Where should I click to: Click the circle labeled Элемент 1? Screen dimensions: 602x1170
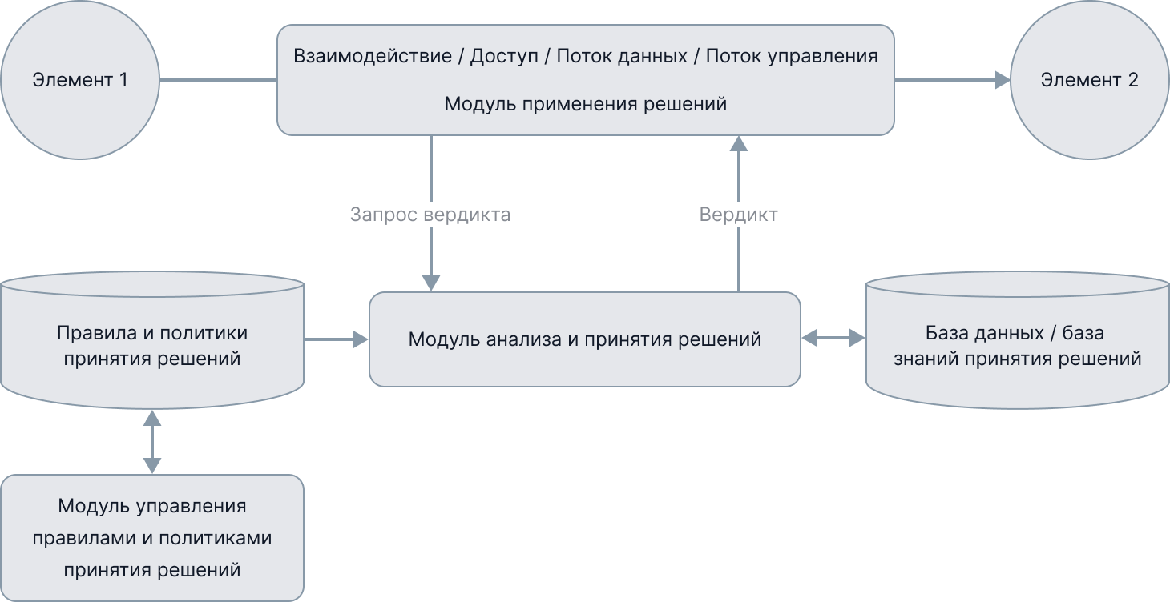pyautogui.click(x=80, y=80)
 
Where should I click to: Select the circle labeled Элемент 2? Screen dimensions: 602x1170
pyautogui.click(x=1089, y=80)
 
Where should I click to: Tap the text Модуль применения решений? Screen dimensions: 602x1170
pyautogui.click(x=585, y=104)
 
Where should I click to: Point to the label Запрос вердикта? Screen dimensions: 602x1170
pyautogui.click(x=430, y=215)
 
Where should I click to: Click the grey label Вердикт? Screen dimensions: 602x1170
pyautogui.click(x=738, y=215)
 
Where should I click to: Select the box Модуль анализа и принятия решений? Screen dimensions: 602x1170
pyautogui.click(x=584, y=339)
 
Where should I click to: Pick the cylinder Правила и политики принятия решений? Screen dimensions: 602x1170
pyautogui.click(x=151, y=345)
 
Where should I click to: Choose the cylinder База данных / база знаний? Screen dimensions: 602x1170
pyautogui.click(x=1017, y=345)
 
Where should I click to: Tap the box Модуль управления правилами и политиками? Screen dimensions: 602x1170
pyautogui.click(x=151, y=538)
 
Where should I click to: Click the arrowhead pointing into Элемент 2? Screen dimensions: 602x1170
pyautogui.click(x=1003, y=80)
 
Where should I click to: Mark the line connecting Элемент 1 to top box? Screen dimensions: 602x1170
pyautogui.click(x=218, y=80)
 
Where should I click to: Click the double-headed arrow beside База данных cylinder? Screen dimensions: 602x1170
pyautogui.click(x=833, y=339)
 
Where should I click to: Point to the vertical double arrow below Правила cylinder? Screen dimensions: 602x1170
pyautogui.click(x=151, y=441)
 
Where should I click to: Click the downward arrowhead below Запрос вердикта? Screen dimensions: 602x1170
pyautogui.click(x=431, y=282)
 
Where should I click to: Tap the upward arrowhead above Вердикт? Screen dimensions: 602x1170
pyautogui.click(x=739, y=144)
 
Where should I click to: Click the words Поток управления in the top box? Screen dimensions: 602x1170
pyautogui.click(x=792, y=57)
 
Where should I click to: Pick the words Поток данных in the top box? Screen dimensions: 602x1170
pyautogui.click(x=622, y=57)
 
